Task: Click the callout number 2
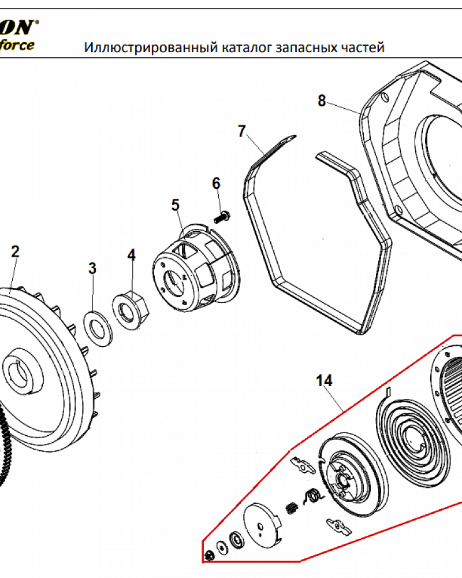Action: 15,251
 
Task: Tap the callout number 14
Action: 325,381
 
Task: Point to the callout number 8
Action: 322,101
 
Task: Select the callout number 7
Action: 242,131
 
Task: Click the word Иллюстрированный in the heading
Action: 151,47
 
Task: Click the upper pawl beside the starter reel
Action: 303,465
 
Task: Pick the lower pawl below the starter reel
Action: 338,525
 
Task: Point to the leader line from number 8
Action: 344,109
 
